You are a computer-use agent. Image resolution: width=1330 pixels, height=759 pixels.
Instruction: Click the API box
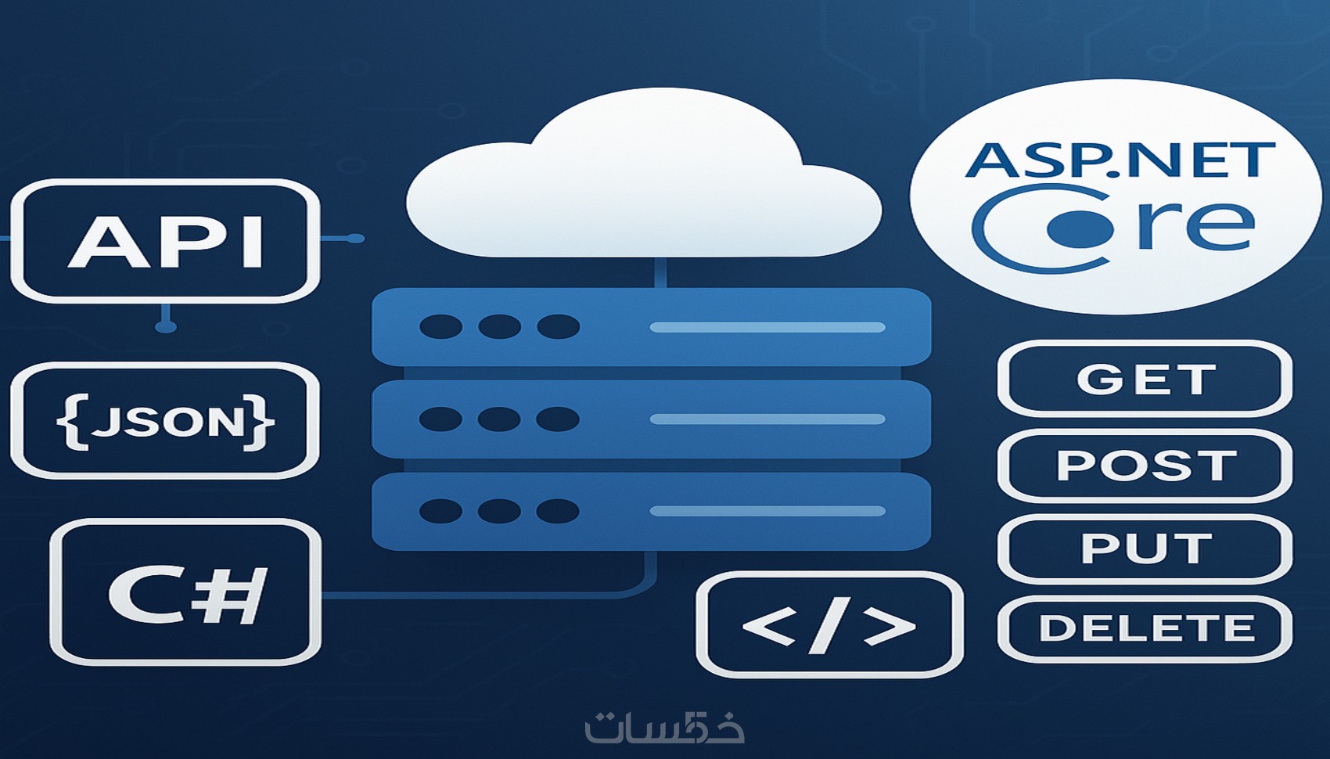165,241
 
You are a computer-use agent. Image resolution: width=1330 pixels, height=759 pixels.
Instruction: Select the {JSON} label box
165,421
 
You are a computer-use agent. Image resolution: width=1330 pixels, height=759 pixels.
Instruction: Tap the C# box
186,592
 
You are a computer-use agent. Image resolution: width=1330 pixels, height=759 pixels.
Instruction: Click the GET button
1145,379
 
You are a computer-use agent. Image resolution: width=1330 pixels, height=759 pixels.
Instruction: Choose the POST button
1145,465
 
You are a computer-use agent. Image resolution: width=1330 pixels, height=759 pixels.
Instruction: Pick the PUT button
1145,548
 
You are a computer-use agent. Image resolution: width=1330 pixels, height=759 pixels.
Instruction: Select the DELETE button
1145,628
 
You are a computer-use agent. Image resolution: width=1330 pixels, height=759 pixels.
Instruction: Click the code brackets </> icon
829,625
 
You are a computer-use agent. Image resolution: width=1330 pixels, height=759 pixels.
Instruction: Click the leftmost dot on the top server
440,326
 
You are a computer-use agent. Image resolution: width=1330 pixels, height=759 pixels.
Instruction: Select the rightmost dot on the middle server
558,419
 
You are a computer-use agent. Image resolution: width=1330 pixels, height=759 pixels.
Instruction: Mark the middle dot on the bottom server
499,512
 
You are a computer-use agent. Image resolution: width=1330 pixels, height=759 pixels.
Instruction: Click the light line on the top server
767,327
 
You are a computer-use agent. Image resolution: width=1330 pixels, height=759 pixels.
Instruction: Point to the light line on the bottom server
767,512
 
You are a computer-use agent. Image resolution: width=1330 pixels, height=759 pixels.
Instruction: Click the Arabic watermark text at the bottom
664,728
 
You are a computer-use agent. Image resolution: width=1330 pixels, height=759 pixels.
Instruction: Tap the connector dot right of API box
355,238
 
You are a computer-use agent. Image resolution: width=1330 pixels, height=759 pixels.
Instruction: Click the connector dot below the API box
165,326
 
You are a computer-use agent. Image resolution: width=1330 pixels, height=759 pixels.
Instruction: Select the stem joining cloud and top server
660,272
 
